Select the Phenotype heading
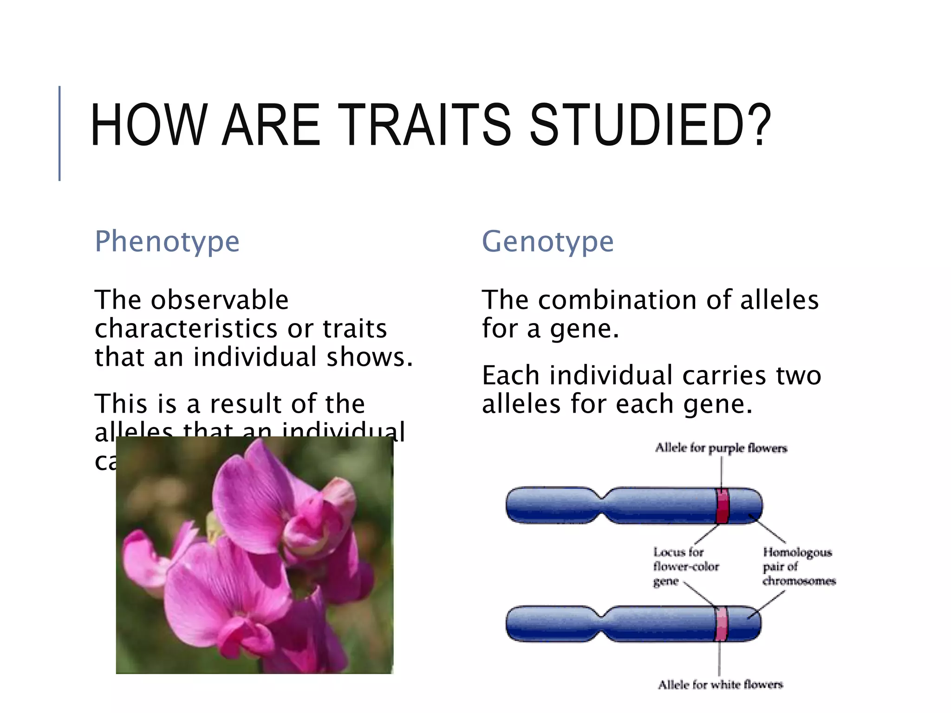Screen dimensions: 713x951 click(x=167, y=242)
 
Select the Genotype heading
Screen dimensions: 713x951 click(x=548, y=242)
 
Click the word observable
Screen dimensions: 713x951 click(x=219, y=300)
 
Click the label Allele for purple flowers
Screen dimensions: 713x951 click(x=721, y=448)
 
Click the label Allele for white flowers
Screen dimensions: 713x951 click(x=720, y=685)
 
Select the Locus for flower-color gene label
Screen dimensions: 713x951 click(x=685, y=566)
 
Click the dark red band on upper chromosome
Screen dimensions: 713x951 click(x=722, y=506)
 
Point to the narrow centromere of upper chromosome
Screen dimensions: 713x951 click(x=602, y=506)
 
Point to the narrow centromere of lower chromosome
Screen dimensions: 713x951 click(x=602, y=624)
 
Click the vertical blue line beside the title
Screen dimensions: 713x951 click(x=59, y=133)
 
